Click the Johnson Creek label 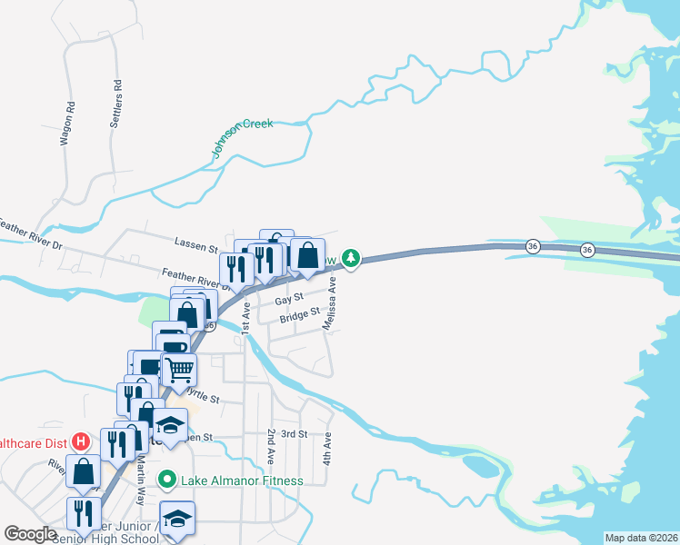(243, 138)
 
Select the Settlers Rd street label (117, 94)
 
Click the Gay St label (287, 299)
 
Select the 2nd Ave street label (271, 445)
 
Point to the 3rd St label (295, 434)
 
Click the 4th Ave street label (327, 449)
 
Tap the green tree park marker (351, 259)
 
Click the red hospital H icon (81, 442)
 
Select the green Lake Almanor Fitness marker (167, 479)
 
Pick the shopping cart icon (179, 369)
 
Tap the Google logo (31, 534)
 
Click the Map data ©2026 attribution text (642, 538)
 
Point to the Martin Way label (140, 481)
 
